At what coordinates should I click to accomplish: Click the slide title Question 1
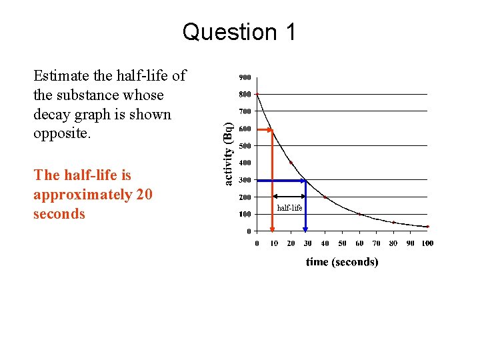pyautogui.click(x=239, y=32)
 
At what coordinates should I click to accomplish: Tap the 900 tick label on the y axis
pyautogui.click(x=245, y=77)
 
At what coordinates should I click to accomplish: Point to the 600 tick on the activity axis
pyautogui.click(x=245, y=129)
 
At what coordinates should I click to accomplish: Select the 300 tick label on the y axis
pyautogui.click(x=245, y=180)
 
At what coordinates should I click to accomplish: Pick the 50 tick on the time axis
pyautogui.click(x=342, y=243)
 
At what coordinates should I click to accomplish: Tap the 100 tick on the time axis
pyautogui.click(x=427, y=243)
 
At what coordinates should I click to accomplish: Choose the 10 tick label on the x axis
pyautogui.click(x=273, y=243)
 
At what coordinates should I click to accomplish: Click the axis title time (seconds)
pyautogui.click(x=342, y=262)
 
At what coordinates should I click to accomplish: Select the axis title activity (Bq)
pyautogui.click(x=228, y=154)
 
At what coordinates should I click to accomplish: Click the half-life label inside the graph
pyautogui.click(x=289, y=208)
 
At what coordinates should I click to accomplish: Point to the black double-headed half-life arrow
pyautogui.click(x=289, y=197)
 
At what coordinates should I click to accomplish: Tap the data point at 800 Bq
pyautogui.click(x=257, y=94)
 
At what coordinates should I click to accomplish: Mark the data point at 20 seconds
pyautogui.click(x=291, y=163)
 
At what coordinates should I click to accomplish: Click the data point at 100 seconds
pyautogui.click(x=427, y=227)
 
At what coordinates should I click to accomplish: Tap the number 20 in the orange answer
pyautogui.click(x=143, y=195)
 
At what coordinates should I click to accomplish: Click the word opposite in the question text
pyautogui.click(x=59, y=133)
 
